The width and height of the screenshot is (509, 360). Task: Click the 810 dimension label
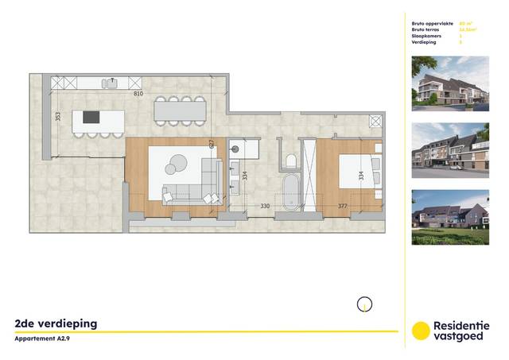click(138, 94)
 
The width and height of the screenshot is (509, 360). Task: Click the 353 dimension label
click(57, 116)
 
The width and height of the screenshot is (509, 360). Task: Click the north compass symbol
click(363, 304)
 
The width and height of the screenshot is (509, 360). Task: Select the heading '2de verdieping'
click(56, 323)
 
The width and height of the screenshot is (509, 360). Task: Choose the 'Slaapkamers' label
click(427, 37)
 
